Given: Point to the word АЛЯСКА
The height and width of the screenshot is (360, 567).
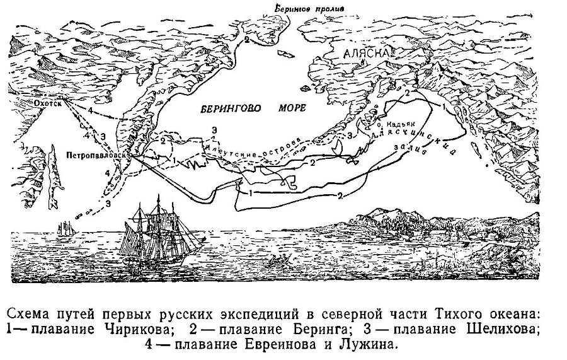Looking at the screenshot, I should pyautogui.click(x=364, y=55).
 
